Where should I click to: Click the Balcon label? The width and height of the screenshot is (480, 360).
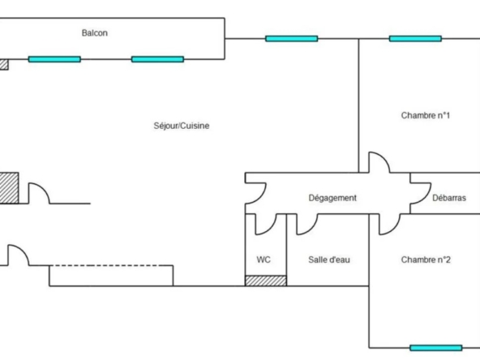(x=95, y=32)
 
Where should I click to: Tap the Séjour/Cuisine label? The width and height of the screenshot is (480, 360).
(x=182, y=126)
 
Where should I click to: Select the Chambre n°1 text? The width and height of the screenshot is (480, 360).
(x=425, y=115)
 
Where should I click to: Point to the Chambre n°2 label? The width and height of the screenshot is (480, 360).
(x=426, y=259)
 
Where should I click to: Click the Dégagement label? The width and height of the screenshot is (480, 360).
(x=332, y=198)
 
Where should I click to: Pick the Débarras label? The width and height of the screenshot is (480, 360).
(x=449, y=198)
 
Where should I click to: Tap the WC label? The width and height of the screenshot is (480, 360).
(x=264, y=259)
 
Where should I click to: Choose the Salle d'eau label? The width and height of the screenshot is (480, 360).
(x=329, y=259)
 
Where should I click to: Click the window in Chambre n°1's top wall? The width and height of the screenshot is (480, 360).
(x=415, y=39)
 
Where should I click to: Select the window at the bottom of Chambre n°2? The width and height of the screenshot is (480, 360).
(x=435, y=348)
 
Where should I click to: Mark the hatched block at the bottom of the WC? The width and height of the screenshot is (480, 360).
(x=266, y=281)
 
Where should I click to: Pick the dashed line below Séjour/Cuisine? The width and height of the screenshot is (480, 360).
(x=105, y=265)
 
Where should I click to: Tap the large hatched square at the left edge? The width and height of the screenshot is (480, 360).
(x=9, y=188)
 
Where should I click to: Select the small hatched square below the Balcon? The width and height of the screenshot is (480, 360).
(x=4, y=65)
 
